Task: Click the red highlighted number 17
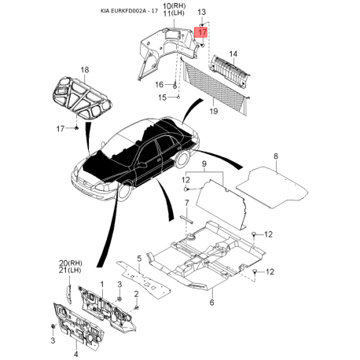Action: coord(203,32)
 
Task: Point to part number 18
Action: coord(84,70)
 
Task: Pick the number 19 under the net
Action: coord(213,112)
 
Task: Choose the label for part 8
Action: coord(276,157)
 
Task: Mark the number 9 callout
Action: coord(204,164)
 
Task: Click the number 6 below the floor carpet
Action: coord(211,301)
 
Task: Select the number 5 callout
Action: coord(138,259)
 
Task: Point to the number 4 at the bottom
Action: coord(76,343)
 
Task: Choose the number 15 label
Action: coord(163,97)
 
